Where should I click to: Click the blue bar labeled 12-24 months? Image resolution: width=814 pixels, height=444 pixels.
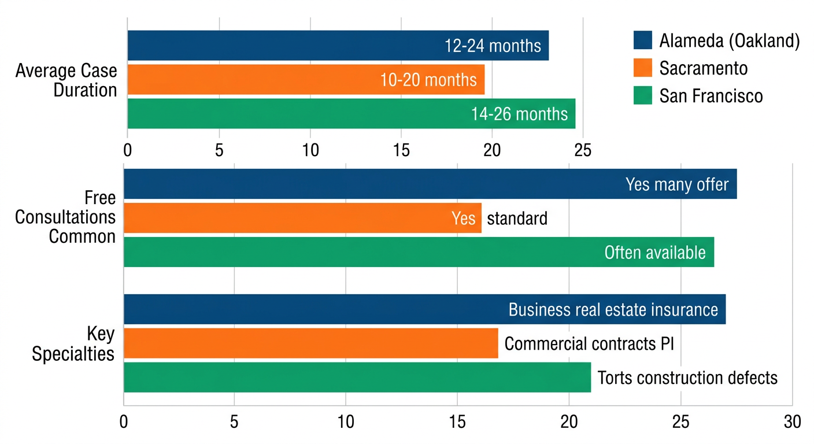click(x=338, y=46)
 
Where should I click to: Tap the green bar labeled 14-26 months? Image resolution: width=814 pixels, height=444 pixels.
click(x=351, y=114)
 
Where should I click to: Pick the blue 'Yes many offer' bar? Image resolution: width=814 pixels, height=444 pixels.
click(x=430, y=184)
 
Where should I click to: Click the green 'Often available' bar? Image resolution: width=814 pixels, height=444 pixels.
click(x=419, y=253)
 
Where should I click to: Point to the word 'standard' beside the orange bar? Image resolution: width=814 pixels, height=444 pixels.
click(x=517, y=219)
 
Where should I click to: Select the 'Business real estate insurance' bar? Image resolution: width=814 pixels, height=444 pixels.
click(x=424, y=309)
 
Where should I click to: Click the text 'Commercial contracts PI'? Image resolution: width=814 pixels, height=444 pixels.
click(x=589, y=344)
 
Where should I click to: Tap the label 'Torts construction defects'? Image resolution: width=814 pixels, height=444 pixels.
click(x=687, y=378)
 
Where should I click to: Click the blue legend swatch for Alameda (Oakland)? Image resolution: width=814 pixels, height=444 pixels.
click(x=642, y=40)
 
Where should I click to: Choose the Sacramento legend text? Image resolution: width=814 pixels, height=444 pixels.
click(x=703, y=68)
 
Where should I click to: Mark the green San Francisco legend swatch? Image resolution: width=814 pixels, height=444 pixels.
click(x=642, y=95)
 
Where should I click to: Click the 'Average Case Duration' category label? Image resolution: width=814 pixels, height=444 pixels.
click(x=66, y=80)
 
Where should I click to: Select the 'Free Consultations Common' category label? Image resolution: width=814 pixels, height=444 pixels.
click(x=65, y=217)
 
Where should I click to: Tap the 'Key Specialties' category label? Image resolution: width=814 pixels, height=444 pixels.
click(x=73, y=344)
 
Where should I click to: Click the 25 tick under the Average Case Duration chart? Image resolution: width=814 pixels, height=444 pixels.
click(x=583, y=150)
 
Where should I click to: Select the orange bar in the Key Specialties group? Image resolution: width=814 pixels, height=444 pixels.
click(x=310, y=343)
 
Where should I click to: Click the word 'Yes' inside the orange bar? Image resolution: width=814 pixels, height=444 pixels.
click(x=463, y=219)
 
